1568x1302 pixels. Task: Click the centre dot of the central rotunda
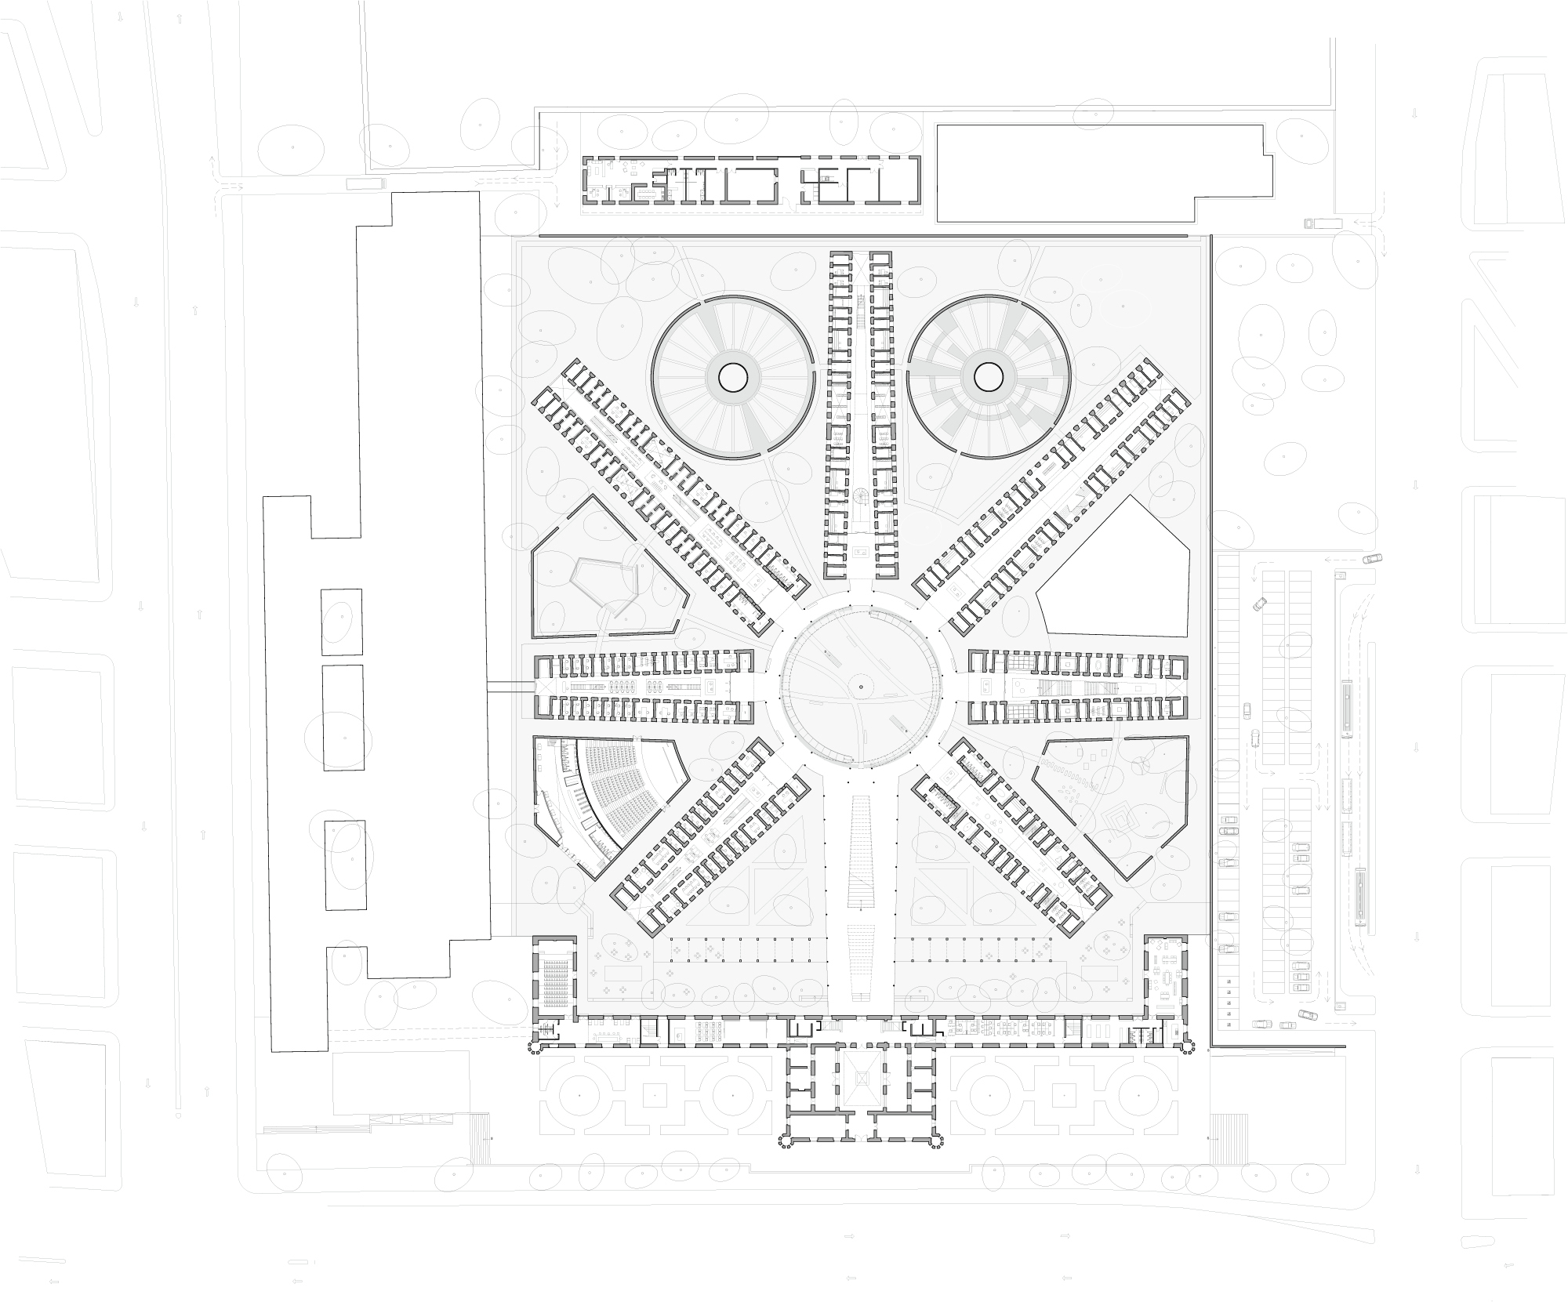(x=860, y=687)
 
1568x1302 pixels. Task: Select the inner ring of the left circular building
(x=733, y=378)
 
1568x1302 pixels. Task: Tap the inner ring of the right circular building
(x=988, y=378)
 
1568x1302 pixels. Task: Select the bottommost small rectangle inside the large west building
(x=345, y=864)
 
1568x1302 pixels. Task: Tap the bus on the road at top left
(x=365, y=183)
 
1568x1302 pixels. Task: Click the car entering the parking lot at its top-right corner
(x=1372, y=559)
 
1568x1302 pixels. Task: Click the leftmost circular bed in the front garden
(x=579, y=1094)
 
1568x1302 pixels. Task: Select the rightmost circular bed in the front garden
(x=1141, y=1094)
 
